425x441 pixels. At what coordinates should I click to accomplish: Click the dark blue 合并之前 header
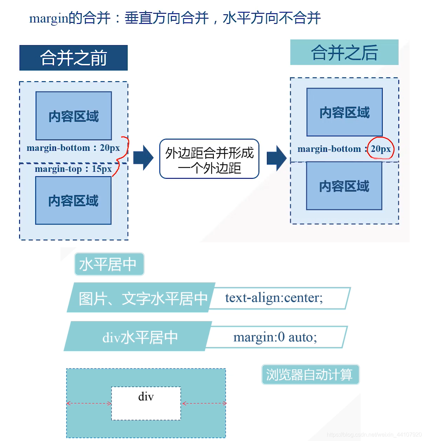[x=73, y=58]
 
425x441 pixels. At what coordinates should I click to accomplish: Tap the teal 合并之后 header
[x=344, y=52]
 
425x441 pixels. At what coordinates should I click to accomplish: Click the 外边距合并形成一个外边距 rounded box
[x=209, y=159]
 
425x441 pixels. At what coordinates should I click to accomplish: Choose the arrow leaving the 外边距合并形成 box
[x=277, y=158]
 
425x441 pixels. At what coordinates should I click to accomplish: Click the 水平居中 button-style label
[x=109, y=264]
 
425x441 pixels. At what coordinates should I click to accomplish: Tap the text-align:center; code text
[x=274, y=298]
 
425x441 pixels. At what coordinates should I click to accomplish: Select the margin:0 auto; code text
[x=275, y=337]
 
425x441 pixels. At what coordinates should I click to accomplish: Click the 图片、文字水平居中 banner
[x=142, y=298]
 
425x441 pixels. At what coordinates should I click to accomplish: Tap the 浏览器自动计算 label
[x=310, y=375]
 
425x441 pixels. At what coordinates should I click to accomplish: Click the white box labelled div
[x=146, y=404]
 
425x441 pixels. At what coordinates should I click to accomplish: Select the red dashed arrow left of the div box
[x=89, y=404]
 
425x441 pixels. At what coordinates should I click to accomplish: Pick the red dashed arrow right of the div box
[x=204, y=404]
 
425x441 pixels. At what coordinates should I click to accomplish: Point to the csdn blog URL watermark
[x=374, y=435]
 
